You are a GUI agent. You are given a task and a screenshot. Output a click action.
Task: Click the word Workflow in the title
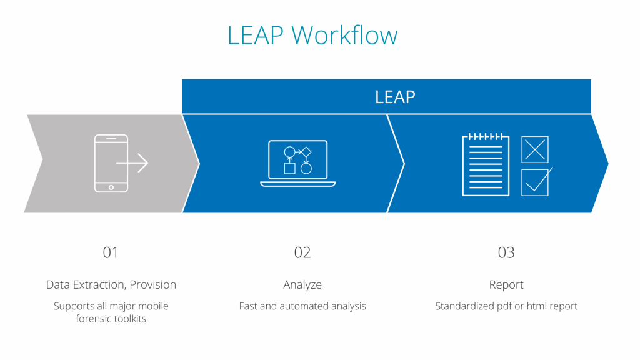pos(344,35)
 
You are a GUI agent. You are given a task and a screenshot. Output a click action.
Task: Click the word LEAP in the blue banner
pos(395,97)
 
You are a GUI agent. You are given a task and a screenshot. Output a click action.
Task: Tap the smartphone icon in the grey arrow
pos(111,163)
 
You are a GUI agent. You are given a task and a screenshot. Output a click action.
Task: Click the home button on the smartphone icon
pos(111,187)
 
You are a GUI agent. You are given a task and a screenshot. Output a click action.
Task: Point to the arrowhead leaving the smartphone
pos(143,163)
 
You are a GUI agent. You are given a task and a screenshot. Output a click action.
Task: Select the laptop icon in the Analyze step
pos(298,163)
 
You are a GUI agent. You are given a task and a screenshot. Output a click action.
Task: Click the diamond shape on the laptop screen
pos(306,152)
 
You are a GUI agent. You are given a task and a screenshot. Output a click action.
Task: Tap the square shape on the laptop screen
pos(290,168)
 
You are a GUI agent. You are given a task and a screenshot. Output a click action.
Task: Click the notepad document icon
pos(486,165)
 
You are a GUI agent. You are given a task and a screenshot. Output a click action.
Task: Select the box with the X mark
pos(535,149)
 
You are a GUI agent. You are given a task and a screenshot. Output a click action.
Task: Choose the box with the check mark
pos(535,182)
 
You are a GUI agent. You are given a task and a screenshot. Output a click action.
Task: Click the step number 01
pos(111,252)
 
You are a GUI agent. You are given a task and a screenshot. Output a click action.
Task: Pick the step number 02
pos(302,252)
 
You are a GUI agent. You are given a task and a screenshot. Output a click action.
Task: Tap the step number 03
pos(506,252)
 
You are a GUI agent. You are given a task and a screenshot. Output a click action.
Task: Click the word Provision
pos(153,284)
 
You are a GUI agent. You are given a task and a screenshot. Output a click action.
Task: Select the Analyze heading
pos(302,285)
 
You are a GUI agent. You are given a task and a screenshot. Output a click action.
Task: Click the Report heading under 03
pos(506,285)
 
